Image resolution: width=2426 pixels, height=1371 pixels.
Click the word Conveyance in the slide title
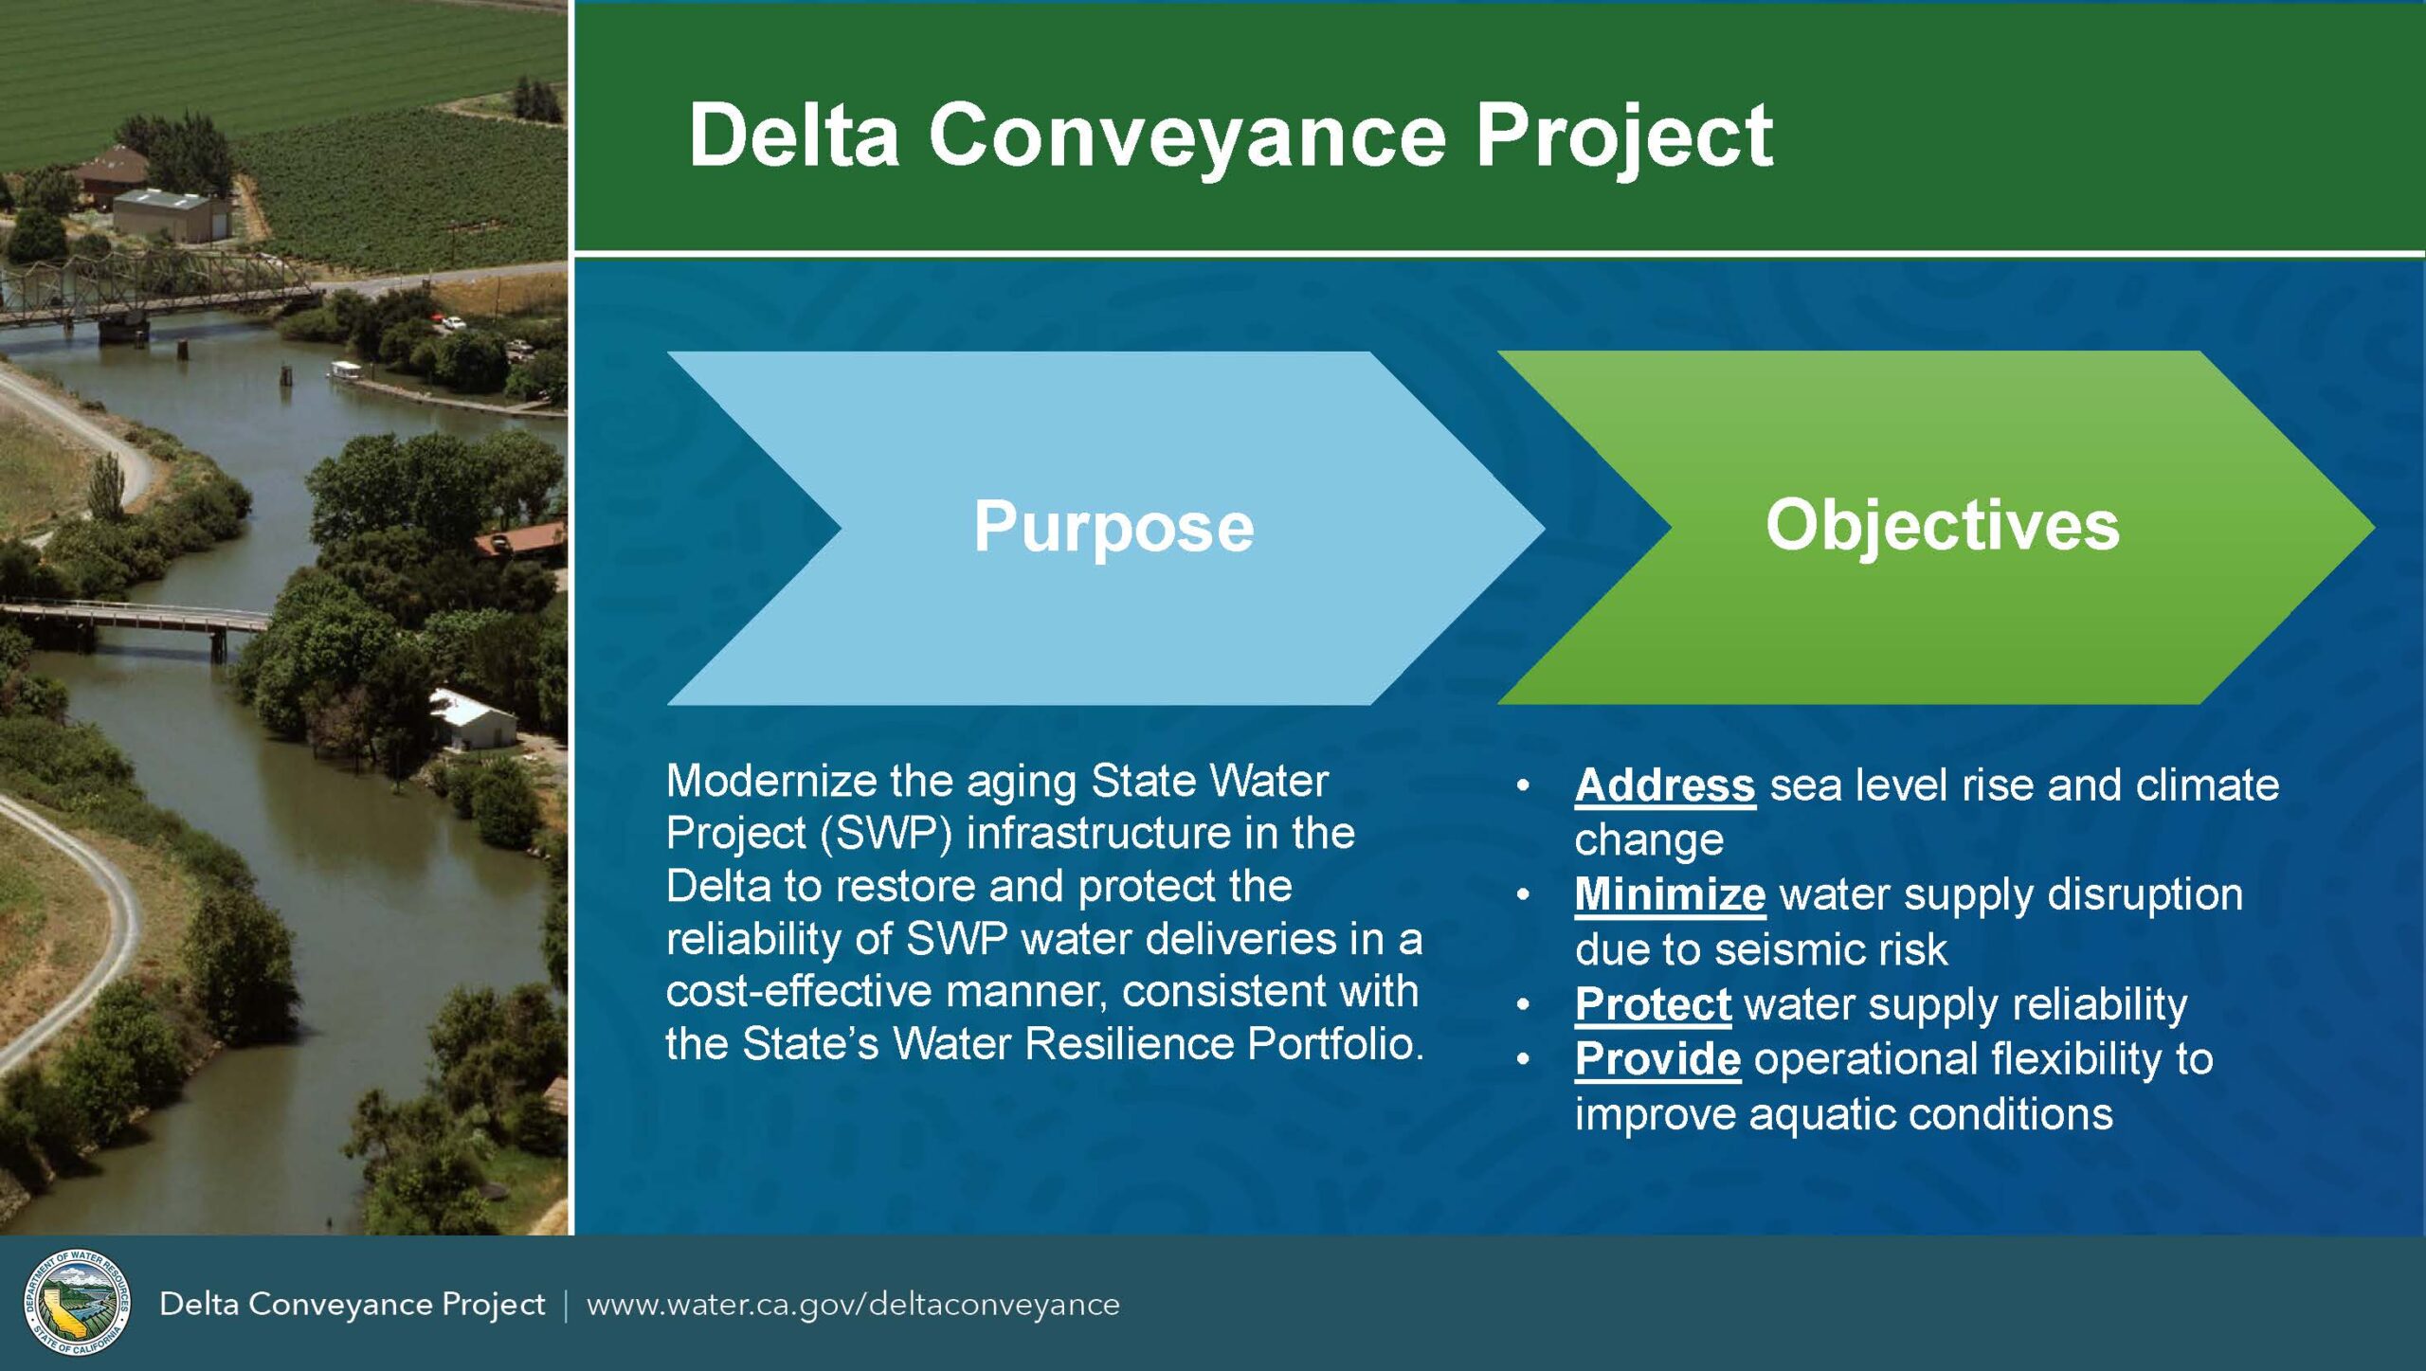pos(1187,135)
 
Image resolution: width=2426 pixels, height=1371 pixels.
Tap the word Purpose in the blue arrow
pos(1113,527)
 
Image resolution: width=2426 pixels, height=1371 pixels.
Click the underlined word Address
pos(1665,785)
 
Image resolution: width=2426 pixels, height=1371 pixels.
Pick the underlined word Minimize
pos(1670,894)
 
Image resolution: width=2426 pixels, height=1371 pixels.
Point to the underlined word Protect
pos(1653,1004)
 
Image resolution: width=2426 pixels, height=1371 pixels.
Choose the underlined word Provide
pos(1657,1059)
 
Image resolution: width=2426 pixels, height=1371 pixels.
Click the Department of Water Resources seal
pos(77,1303)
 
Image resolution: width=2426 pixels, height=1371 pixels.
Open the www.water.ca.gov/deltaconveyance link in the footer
pos(853,1305)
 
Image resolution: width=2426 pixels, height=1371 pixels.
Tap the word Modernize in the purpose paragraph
pos(770,782)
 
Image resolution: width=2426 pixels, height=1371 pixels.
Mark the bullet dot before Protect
pos(1523,1005)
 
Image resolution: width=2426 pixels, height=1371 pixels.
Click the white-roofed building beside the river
pos(474,719)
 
